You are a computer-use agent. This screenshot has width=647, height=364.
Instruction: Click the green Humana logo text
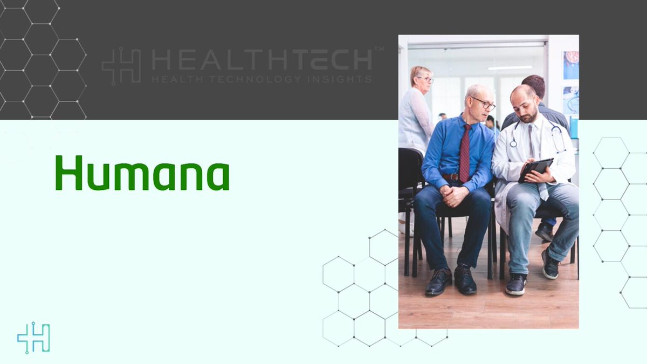click(142, 173)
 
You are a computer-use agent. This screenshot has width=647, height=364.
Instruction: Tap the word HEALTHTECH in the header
click(261, 60)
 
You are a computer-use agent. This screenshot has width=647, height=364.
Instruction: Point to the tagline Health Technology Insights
click(261, 79)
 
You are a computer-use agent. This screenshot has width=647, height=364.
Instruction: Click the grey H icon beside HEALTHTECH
click(121, 66)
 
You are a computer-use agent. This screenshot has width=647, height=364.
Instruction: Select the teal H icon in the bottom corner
click(33, 338)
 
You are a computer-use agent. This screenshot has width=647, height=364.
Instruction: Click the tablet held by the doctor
click(535, 169)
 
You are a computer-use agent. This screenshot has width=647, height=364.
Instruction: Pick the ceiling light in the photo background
click(510, 68)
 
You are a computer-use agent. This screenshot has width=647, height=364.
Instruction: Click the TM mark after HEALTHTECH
click(378, 50)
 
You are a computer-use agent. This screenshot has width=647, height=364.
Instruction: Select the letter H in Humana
click(68, 173)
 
